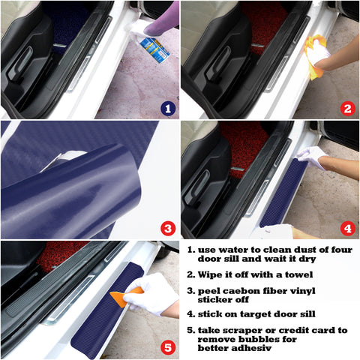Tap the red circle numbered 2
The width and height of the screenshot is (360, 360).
point(346,109)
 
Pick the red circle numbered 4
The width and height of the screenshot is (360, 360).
point(346,228)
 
